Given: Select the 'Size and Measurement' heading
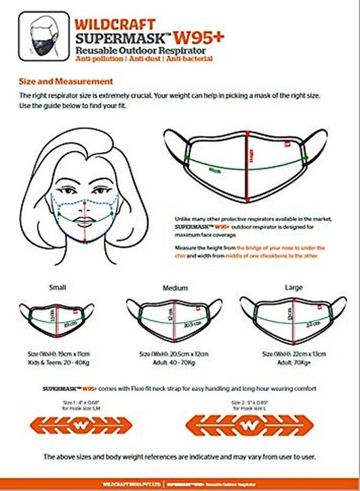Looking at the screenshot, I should click(x=66, y=81).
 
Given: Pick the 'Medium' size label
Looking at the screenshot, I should click(x=175, y=288).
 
